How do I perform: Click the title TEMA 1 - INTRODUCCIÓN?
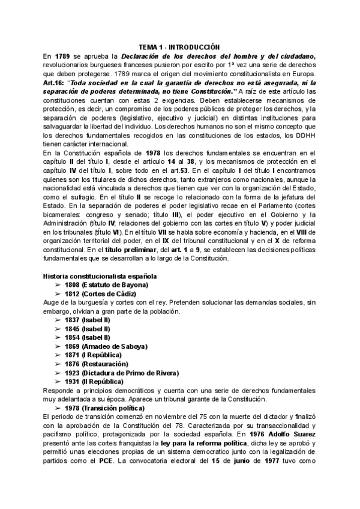pos(179,47)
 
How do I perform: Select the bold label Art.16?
pos(57,83)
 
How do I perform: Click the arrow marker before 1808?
pos(58,285)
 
